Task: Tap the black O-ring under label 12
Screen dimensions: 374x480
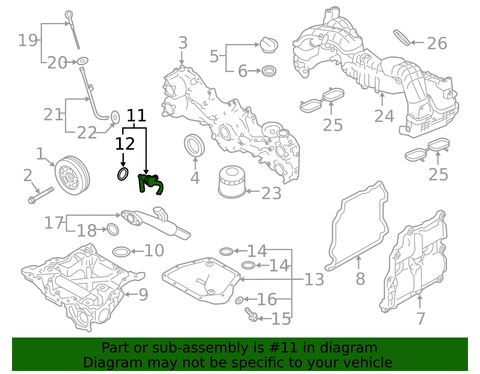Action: [x=123, y=174]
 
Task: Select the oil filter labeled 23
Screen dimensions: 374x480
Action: [x=231, y=182]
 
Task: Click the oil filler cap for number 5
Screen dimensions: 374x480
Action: [x=268, y=45]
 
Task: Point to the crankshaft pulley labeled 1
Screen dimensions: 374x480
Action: [x=72, y=175]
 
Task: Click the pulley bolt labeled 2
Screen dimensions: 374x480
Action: [x=41, y=195]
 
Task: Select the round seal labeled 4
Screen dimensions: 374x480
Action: [x=194, y=146]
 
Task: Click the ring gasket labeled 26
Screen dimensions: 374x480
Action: [x=401, y=37]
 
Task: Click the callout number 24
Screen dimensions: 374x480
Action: [x=384, y=116]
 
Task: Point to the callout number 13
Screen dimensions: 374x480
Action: [x=314, y=279]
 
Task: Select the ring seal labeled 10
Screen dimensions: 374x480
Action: [x=121, y=252]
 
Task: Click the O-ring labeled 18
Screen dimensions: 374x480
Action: [x=113, y=229]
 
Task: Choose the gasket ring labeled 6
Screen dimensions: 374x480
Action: [x=269, y=71]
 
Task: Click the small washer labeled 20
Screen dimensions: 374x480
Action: [x=82, y=61]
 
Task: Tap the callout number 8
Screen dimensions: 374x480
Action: [x=360, y=279]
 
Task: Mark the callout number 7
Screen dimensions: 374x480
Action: [x=421, y=319]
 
